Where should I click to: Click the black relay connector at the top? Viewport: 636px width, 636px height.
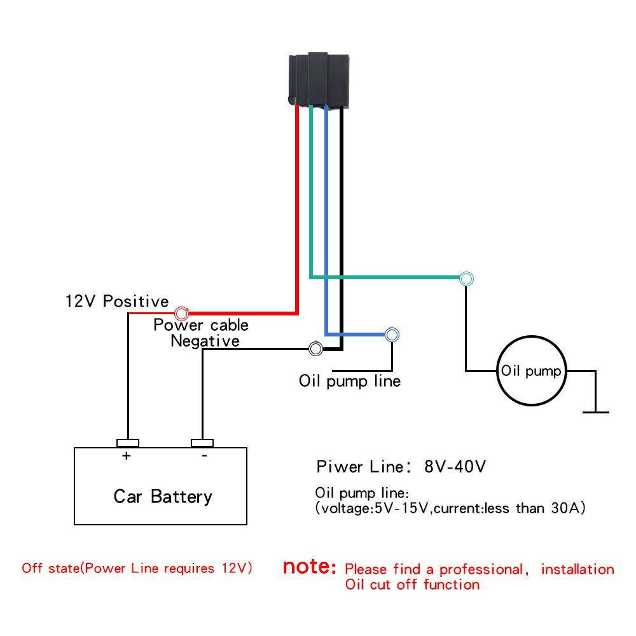[x=319, y=79]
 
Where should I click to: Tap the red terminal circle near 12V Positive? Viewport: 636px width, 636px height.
[x=181, y=313]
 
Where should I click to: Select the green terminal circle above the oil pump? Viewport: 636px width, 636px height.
[x=467, y=278]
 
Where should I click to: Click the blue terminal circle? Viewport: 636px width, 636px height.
[x=392, y=334]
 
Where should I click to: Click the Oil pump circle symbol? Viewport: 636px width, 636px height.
[x=531, y=371]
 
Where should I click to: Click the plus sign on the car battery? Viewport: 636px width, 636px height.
[x=127, y=456]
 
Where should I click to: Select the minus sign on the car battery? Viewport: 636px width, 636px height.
[x=204, y=456]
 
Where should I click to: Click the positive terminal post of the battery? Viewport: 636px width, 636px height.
[x=128, y=443]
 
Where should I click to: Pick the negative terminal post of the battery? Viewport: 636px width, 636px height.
[x=203, y=443]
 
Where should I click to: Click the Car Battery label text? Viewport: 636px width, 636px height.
[x=163, y=496]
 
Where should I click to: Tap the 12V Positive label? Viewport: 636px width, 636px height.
[x=117, y=301]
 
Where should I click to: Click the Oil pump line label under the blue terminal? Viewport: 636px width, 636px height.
[x=350, y=381]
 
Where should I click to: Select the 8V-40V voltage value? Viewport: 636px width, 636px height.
[x=455, y=467]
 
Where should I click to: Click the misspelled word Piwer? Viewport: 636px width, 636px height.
[x=340, y=467]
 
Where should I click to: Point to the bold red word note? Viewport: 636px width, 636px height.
[x=309, y=567]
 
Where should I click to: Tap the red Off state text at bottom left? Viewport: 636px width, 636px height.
[x=137, y=568]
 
